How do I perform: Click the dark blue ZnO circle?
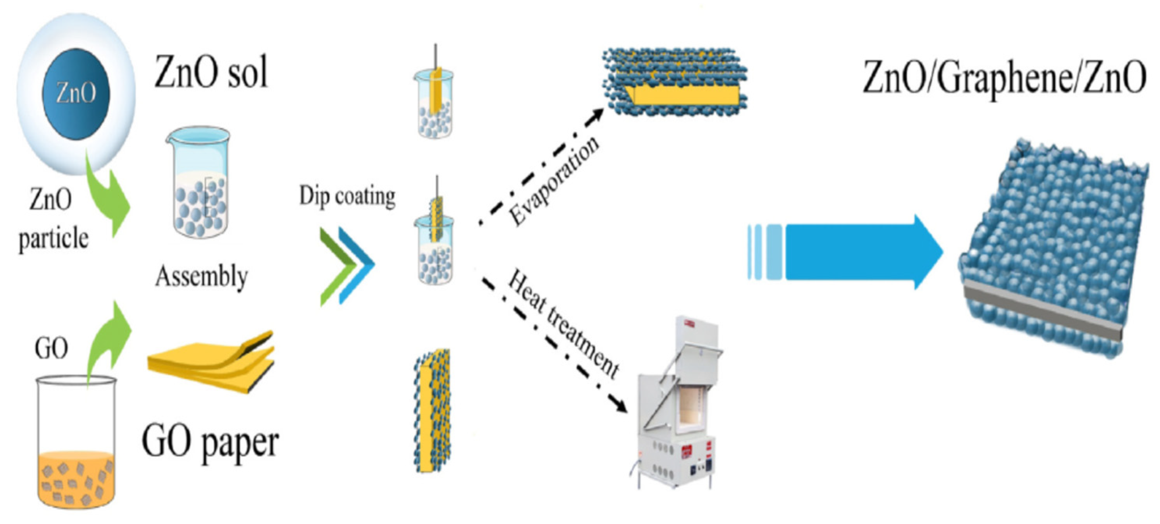pos(76,94)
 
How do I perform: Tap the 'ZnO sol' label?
pos(211,72)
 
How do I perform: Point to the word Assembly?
pos(201,276)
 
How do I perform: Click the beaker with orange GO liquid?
pos(76,443)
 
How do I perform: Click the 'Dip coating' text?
pos(347,197)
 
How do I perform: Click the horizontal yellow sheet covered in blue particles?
pos(676,81)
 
